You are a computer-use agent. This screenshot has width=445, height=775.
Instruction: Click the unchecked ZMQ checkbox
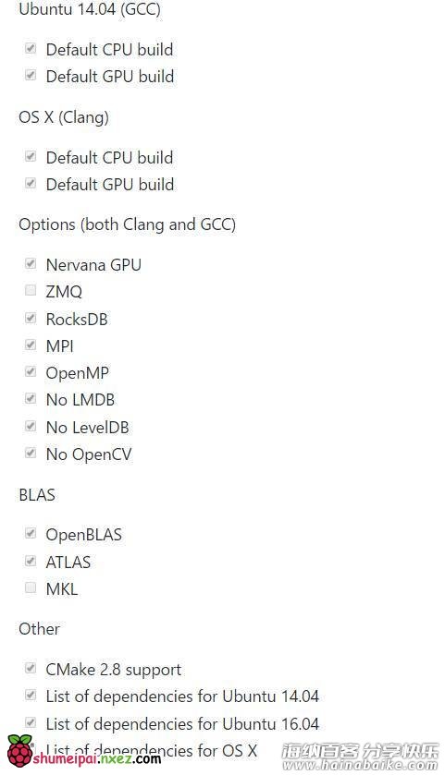tap(31, 290)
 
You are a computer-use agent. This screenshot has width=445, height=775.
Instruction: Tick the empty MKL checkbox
tap(31, 587)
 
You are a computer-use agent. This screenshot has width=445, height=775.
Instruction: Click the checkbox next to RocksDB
tap(31, 318)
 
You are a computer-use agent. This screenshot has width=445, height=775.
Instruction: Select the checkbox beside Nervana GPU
tap(31, 263)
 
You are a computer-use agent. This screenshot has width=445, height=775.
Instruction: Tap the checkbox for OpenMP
tap(31, 371)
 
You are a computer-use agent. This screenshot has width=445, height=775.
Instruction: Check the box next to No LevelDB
tap(31, 426)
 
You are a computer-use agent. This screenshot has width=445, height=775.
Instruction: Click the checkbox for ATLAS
tap(31, 561)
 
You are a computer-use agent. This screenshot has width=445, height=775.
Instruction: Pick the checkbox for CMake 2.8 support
tap(31, 668)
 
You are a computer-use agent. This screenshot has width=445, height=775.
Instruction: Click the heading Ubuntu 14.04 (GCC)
tap(90, 9)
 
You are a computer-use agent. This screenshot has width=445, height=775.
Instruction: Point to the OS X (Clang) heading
tap(64, 117)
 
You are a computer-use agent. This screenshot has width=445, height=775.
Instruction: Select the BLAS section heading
tap(37, 495)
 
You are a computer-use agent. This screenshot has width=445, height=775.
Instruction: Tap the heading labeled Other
tap(39, 629)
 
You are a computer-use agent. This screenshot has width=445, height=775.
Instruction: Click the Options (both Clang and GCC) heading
tap(128, 224)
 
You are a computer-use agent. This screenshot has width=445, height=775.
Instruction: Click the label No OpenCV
tap(89, 454)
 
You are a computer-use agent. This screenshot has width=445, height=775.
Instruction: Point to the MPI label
tap(60, 346)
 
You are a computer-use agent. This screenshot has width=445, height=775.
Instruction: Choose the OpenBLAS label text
tap(83, 535)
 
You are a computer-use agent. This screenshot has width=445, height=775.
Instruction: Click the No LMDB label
tap(80, 400)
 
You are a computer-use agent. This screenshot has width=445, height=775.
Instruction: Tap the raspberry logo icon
tap(19, 750)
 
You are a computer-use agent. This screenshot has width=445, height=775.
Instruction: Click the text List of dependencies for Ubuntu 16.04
tap(182, 724)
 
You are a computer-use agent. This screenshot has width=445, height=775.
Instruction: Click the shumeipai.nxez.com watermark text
tap(97, 758)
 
